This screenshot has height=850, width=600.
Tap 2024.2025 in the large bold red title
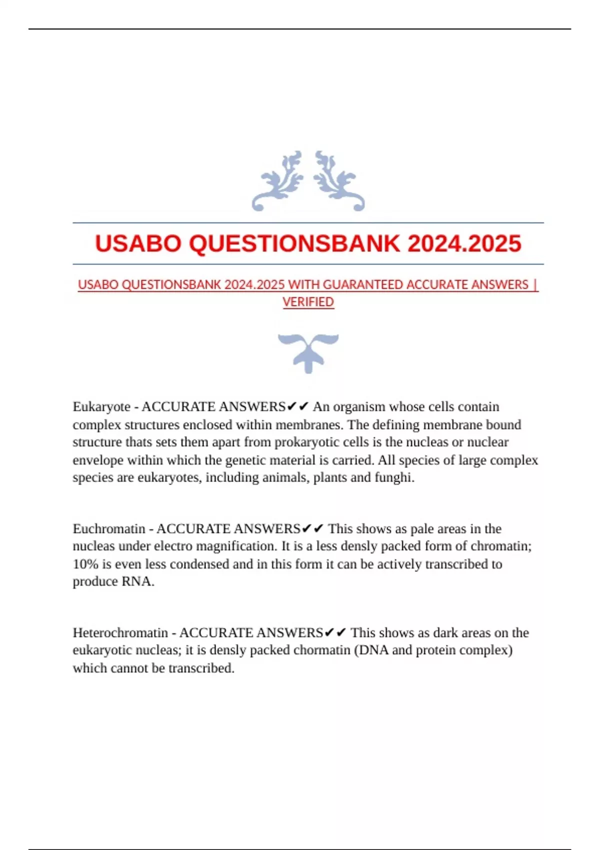[464, 244]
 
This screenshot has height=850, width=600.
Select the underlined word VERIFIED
[308, 302]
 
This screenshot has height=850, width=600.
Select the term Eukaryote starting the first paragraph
[101, 406]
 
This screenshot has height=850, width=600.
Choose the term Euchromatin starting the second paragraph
[109, 528]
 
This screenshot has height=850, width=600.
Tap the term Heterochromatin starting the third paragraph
[120, 632]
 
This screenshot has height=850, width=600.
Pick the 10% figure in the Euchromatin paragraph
[85, 564]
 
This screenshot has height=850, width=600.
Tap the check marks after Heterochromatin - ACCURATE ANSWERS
[335, 632]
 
